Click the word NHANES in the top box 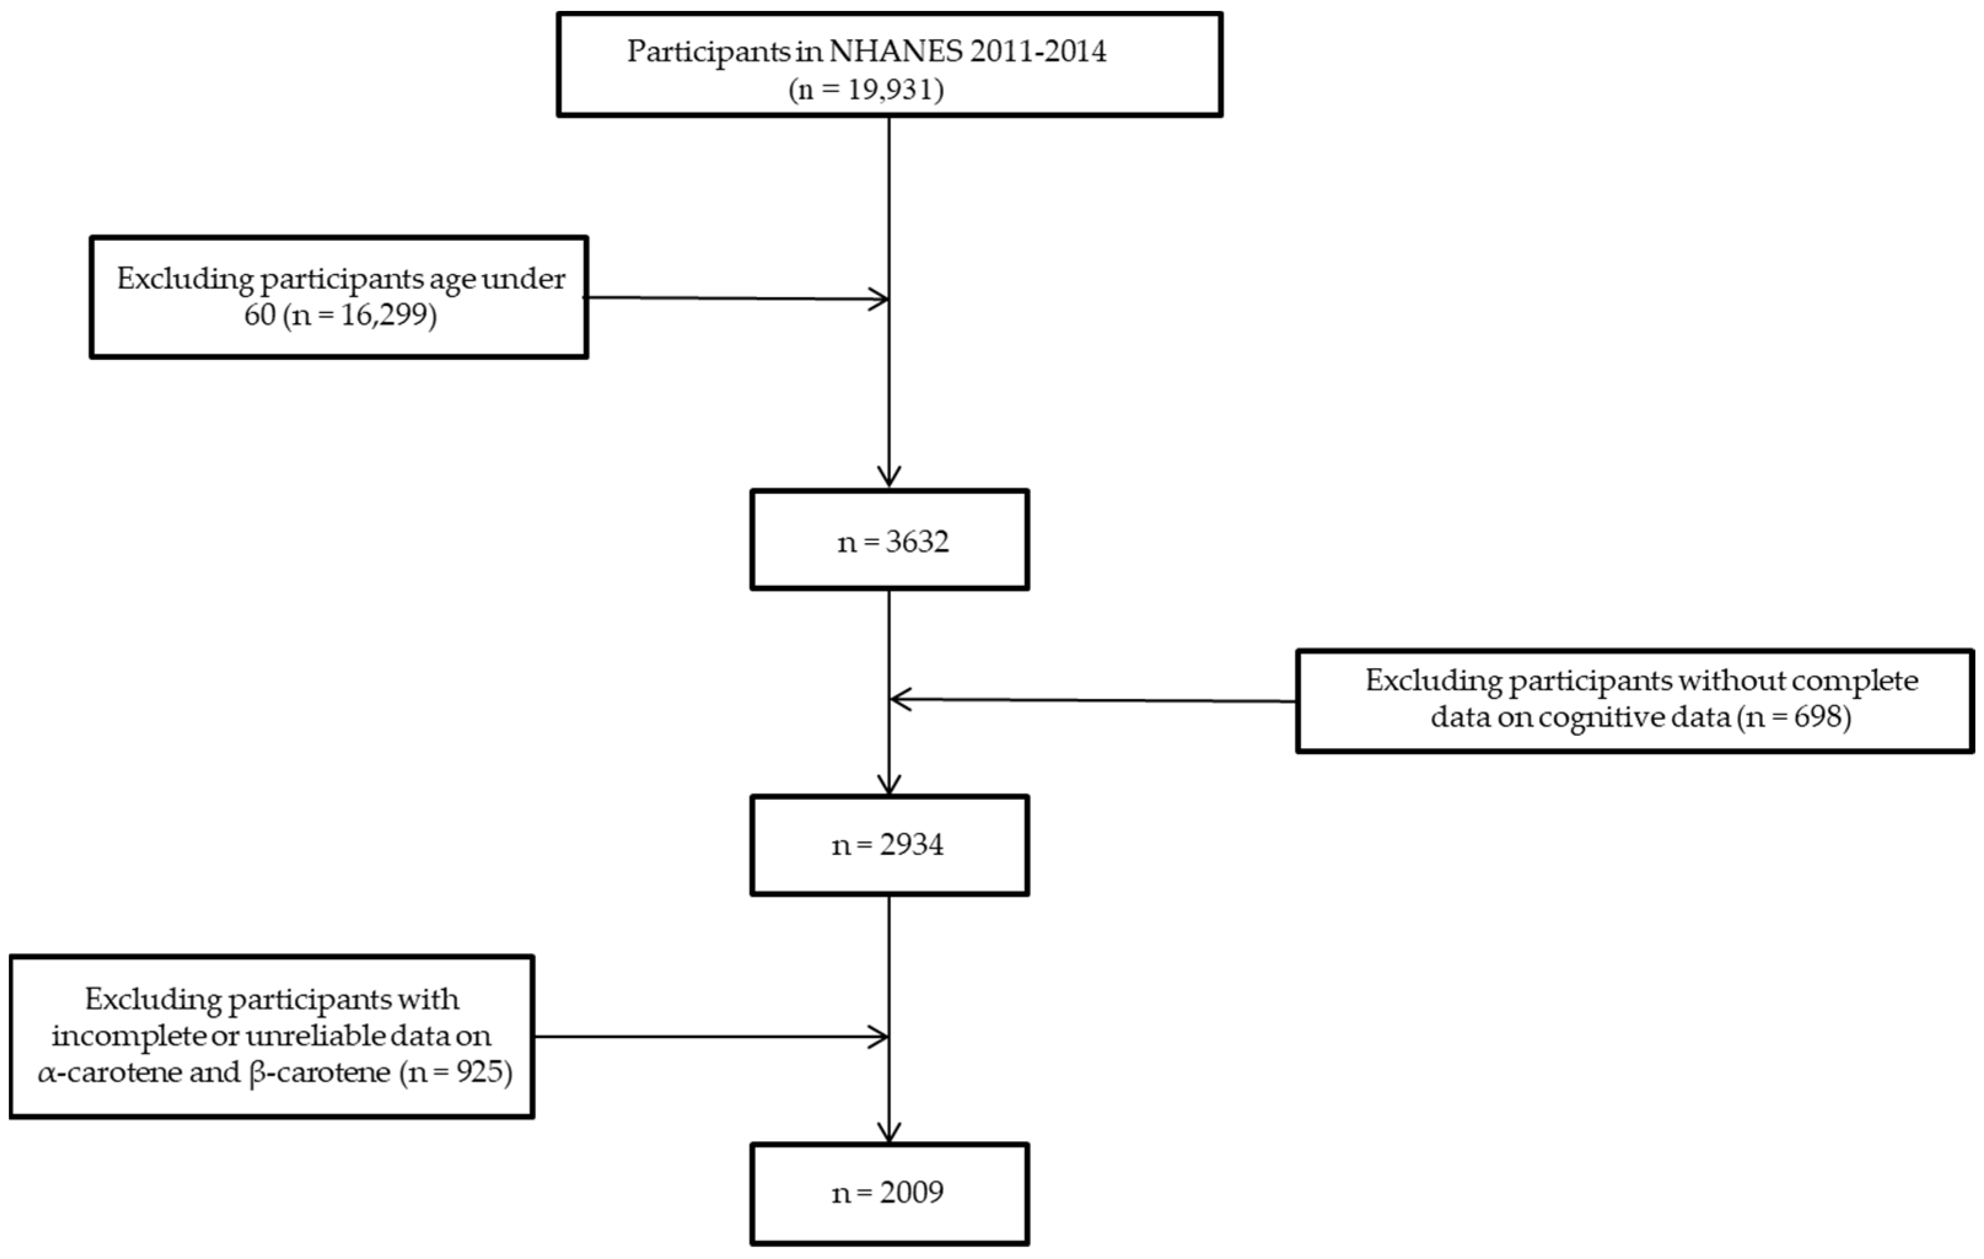pos(895,51)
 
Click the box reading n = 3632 pos(889,540)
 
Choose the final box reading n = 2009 pos(889,1192)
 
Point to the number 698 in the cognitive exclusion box pos(1818,717)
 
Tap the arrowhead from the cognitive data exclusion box pos(898,700)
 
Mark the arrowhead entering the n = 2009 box pos(889,1134)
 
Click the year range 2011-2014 pos(1037,51)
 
